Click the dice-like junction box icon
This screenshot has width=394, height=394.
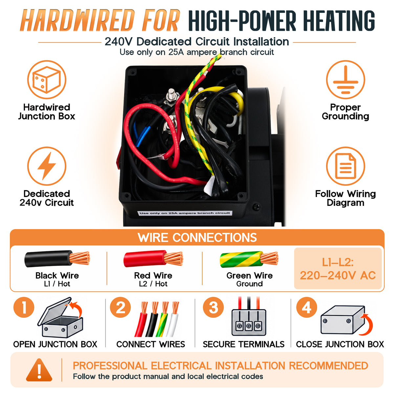(x=47, y=79)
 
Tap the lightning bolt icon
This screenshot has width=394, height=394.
(x=47, y=166)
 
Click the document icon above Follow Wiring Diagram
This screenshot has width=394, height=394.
(x=345, y=166)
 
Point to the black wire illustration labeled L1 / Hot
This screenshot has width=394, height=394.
(x=57, y=259)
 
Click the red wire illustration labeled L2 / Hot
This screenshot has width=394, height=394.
(x=153, y=259)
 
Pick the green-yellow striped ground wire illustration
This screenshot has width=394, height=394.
(x=249, y=259)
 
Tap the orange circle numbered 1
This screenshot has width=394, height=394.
(x=24, y=307)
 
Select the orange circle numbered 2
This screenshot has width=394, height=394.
(x=120, y=307)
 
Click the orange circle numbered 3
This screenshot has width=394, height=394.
(x=213, y=307)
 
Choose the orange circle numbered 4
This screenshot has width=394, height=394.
(x=306, y=307)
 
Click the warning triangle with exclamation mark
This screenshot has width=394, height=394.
(x=39, y=370)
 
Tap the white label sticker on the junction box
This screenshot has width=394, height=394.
(x=185, y=213)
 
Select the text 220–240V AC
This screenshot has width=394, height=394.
(x=338, y=275)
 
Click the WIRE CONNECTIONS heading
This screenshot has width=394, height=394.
(x=197, y=237)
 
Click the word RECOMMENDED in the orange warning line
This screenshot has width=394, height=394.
(x=328, y=365)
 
